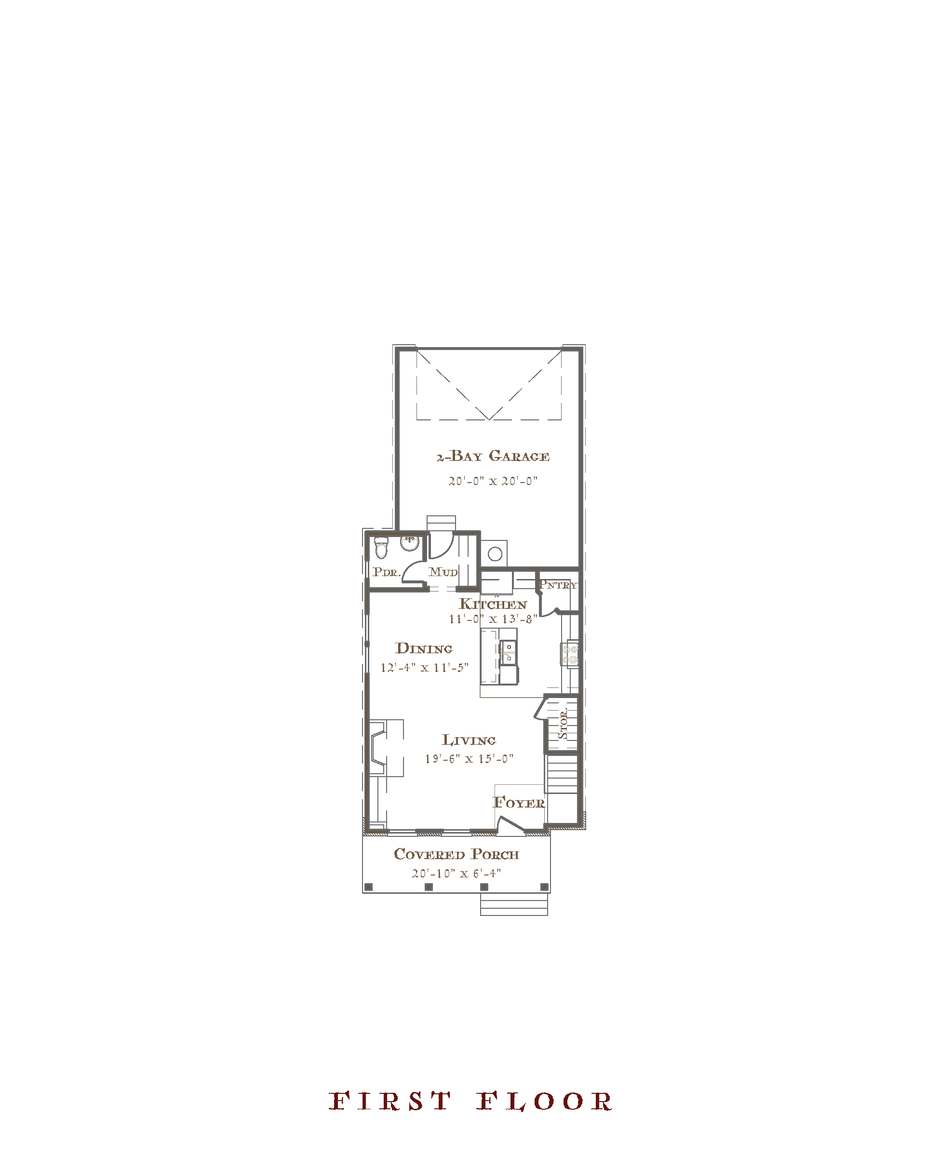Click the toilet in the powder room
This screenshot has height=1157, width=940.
(x=381, y=548)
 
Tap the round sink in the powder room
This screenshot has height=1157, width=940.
(x=409, y=543)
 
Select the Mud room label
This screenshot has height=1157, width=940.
(x=443, y=572)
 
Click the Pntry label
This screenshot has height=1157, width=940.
(x=558, y=585)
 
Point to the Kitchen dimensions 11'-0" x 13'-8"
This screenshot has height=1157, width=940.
(x=493, y=619)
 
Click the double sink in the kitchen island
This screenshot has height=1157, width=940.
(x=509, y=653)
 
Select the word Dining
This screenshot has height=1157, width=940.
(x=424, y=648)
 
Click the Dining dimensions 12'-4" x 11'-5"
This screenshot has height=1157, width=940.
(x=424, y=668)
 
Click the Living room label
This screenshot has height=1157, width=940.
(x=469, y=740)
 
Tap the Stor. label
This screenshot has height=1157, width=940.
(x=563, y=724)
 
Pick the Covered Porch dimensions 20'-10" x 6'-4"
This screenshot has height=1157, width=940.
(x=456, y=874)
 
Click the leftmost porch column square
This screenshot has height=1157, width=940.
(x=369, y=887)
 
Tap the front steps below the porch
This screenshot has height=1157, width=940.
(x=514, y=904)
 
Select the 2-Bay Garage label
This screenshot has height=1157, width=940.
(x=493, y=457)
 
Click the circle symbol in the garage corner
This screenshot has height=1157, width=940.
(x=495, y=554)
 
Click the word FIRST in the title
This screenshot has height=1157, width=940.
(x=390, y=1101)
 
